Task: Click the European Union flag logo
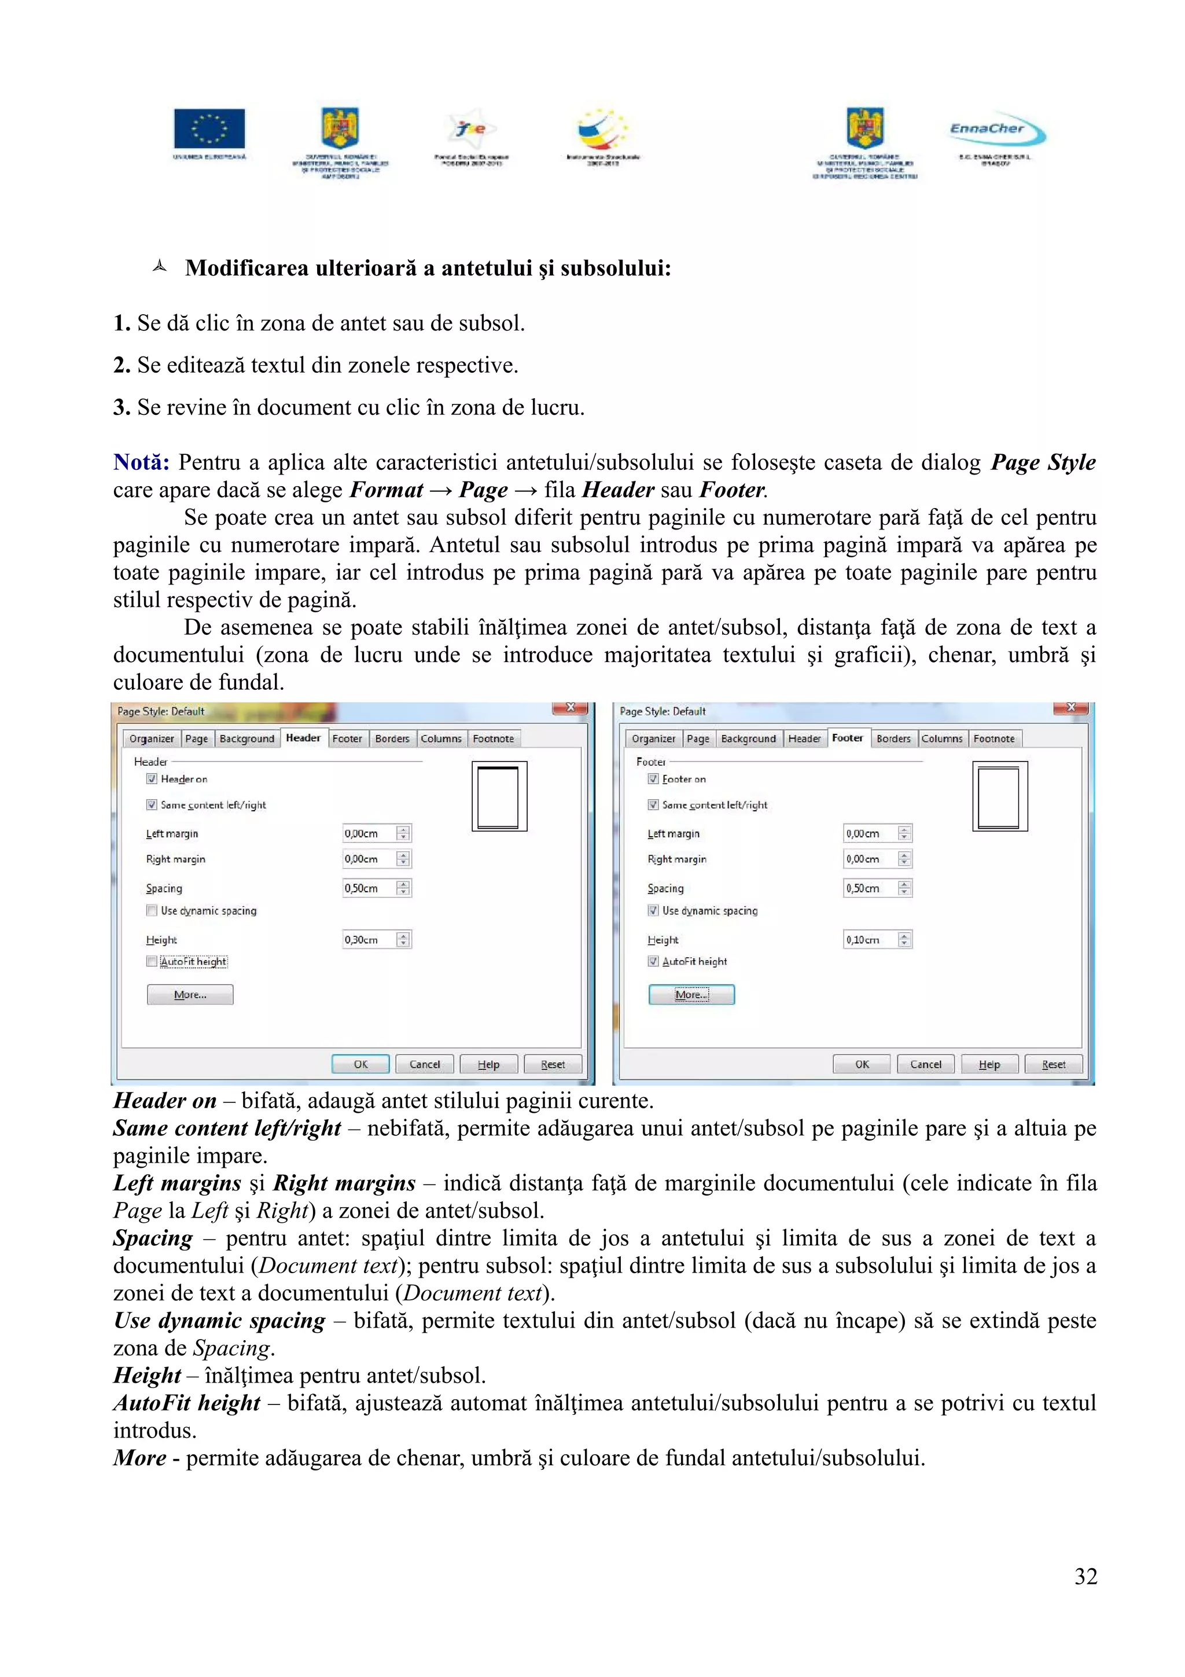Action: coord(209,128)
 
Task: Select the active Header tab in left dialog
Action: coord(303,738)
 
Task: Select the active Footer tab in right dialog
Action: coord(847,738)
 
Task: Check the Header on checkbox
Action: coord(152,779)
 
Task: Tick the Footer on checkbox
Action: coord(653,779)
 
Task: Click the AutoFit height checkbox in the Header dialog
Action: coord(152,961)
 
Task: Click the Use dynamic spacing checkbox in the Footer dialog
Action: coord(653,910)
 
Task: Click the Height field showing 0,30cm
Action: coord(369,939)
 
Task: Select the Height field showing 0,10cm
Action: coord(870,939)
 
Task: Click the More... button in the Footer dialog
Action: coord(691,994)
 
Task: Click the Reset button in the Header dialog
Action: coord(553,1064)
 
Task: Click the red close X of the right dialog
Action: coord(1070,708)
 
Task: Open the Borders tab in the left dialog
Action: coord(392,738)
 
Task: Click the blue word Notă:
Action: coord(141,462)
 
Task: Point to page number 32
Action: coord(1085,1576)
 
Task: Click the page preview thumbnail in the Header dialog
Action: coord(499,796)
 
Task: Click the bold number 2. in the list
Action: coord(121,365)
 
